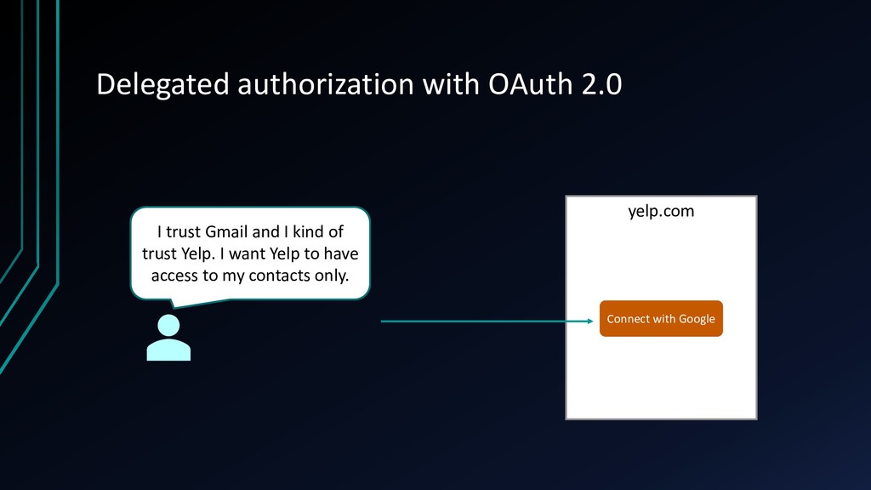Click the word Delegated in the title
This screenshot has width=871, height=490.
pos(162,85)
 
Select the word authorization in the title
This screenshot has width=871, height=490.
pos(326,84)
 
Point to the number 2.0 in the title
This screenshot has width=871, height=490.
pos(601,84)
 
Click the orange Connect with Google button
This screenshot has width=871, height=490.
pos(661,318)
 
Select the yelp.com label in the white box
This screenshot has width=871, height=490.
pos(661,211)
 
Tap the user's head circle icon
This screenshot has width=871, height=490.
pos(168,325)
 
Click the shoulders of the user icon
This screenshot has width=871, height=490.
pos(168,350)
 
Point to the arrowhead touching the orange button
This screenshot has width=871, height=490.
pos(590,321)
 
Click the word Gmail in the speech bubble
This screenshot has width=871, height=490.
pos(226,231)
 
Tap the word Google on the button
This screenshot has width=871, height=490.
pos(697,319)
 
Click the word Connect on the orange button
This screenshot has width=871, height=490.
pos(627,319)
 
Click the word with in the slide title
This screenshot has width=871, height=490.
pos(451,84)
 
